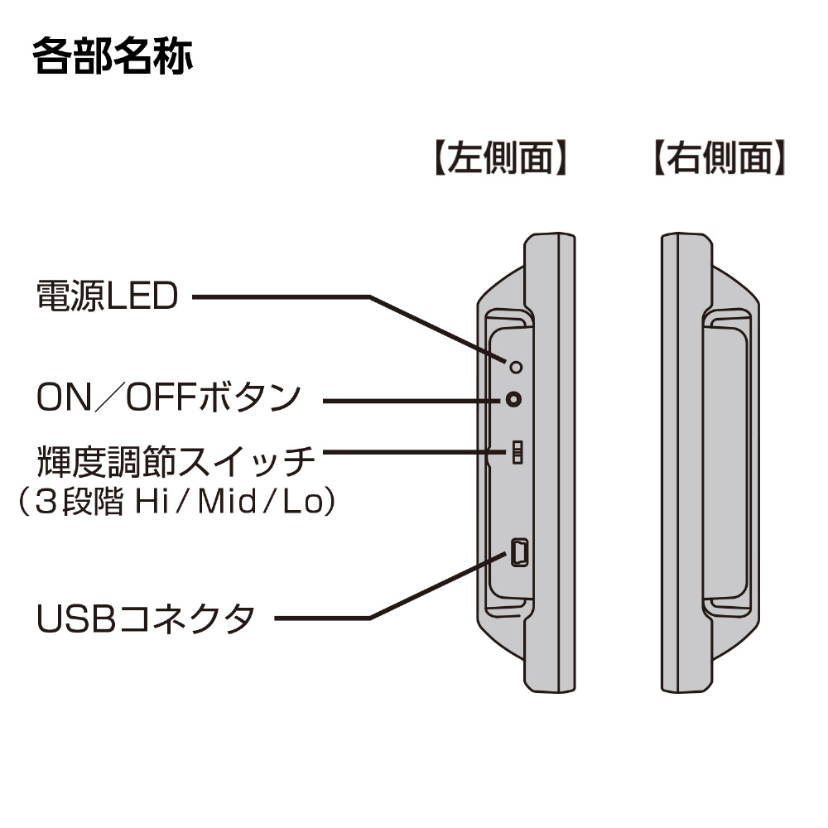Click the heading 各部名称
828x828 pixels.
click(x=113, y=57)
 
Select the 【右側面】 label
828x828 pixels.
click(x=716, y=158)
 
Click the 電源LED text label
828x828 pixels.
click(x=107, y=296)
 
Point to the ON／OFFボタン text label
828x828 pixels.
click(x=168, y=398)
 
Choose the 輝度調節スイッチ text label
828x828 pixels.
click(x=176, y=460)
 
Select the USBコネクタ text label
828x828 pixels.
click(x=146, y=618)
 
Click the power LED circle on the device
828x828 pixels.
click(x=516, y=367)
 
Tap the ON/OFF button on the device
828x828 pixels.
click(x=515, y=400)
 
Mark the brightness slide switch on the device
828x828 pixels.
click(x=517, y=452)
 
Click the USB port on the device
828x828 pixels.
click(x=519, y=552)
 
